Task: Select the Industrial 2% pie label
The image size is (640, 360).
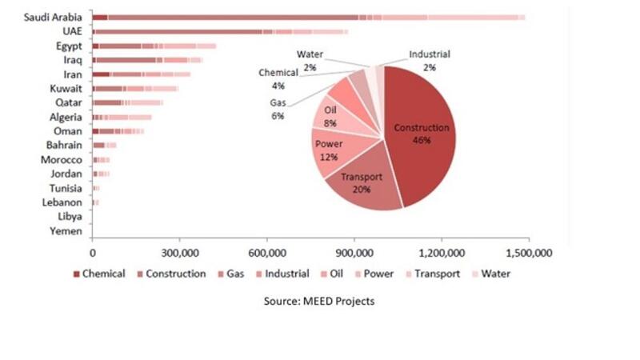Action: coord(430,61)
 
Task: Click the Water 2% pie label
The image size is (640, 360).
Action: coord(310,61)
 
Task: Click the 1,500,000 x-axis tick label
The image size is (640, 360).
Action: coord(530,253)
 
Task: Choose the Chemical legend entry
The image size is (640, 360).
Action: coord(99,274)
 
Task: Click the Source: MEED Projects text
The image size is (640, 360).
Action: coord(319,302)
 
